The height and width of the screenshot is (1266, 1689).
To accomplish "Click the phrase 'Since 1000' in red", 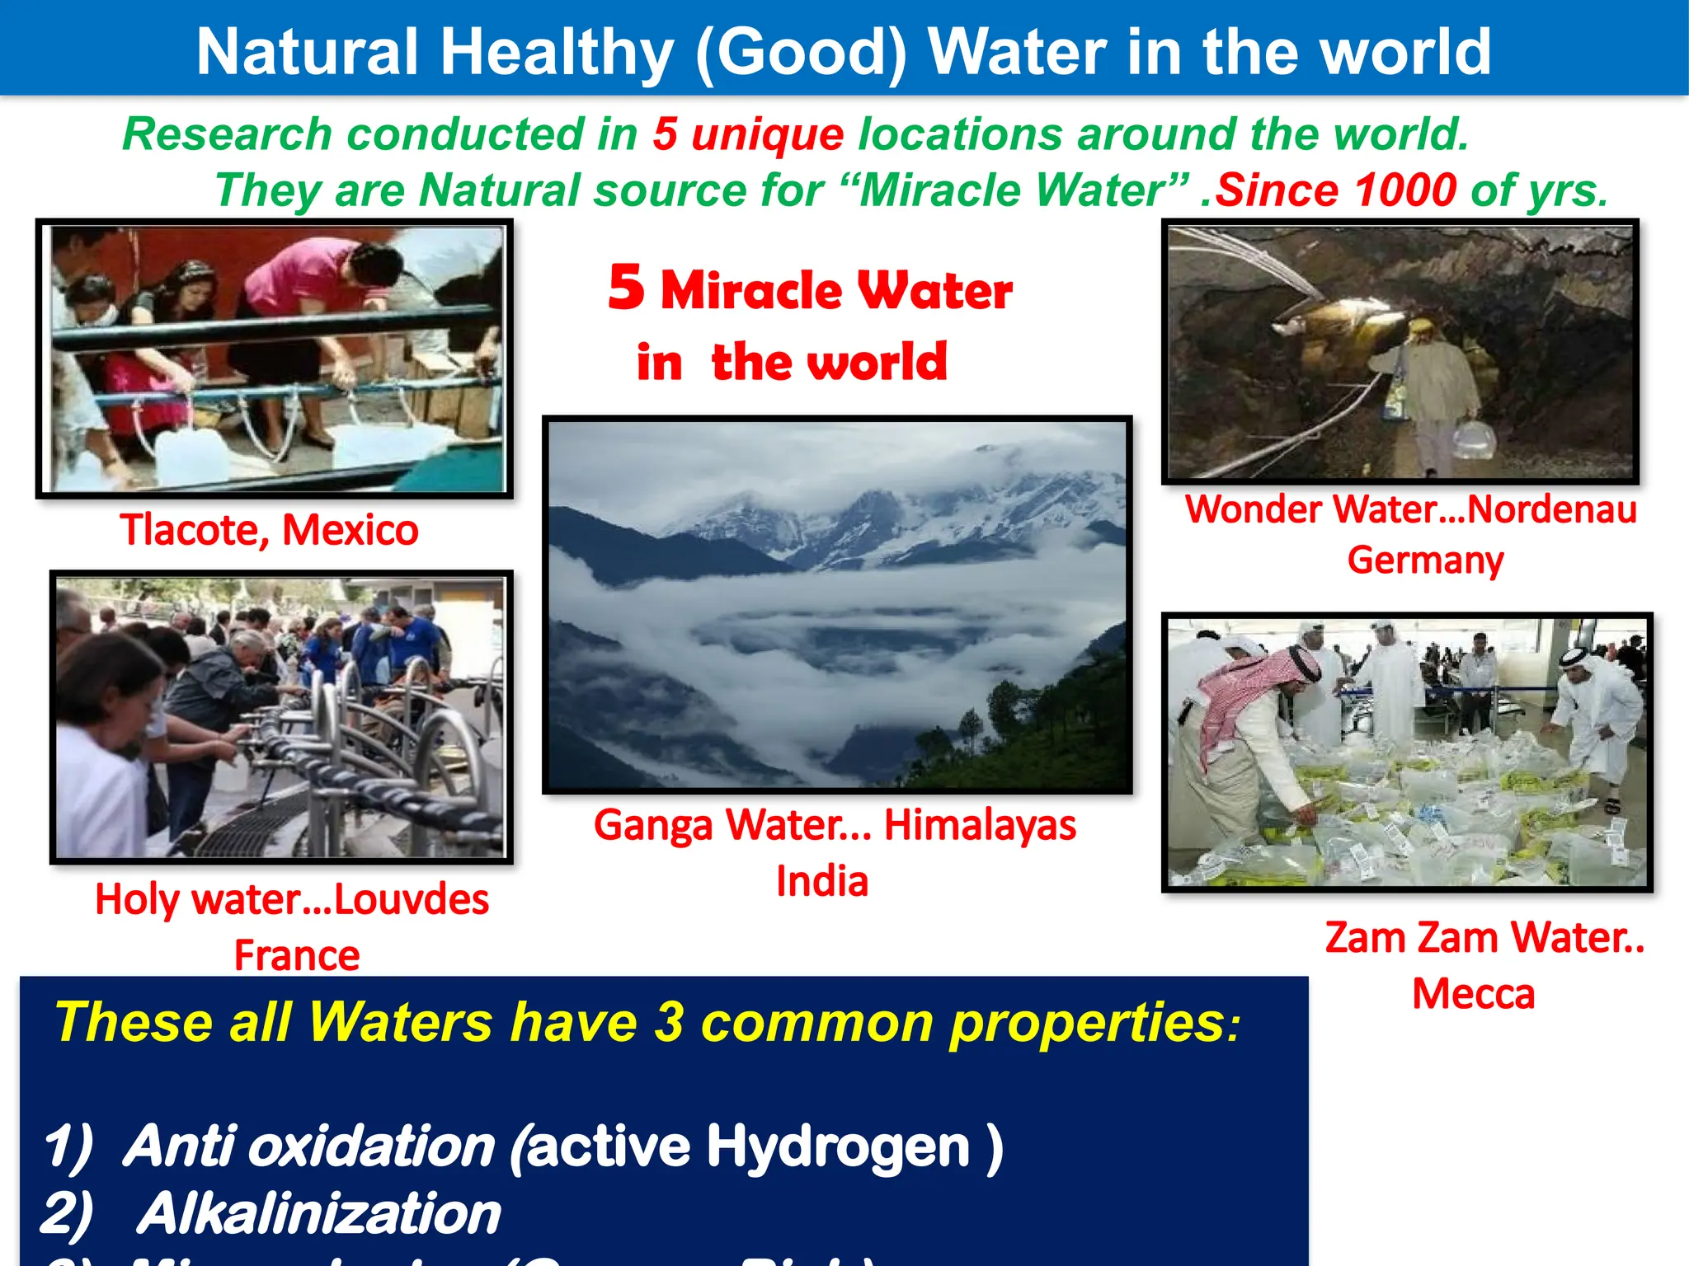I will [1337, 190].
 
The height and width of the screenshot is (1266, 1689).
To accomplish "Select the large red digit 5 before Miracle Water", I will [626, 288].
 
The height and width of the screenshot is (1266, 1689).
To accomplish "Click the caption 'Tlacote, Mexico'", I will [269, 530].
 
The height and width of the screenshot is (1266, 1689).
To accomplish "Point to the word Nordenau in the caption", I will [1551, 509].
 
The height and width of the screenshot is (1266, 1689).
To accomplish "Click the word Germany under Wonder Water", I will [1425, 560].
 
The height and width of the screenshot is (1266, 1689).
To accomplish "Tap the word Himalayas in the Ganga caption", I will [980, 824].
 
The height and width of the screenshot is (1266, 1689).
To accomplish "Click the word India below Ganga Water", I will [822, 881].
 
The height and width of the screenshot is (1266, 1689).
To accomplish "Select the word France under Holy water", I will [297, 955].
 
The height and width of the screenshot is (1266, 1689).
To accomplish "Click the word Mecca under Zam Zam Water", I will [1473, 994].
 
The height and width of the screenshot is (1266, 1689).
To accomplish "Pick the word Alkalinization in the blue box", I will [318, 1214].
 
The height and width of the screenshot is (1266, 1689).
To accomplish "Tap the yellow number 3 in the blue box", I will [669, 1022].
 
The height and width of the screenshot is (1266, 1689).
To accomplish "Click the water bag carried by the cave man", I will [1473, 439].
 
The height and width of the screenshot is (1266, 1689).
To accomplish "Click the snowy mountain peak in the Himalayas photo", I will [874, 503].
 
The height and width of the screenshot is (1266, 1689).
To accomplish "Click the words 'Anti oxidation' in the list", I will [309, 1146].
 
